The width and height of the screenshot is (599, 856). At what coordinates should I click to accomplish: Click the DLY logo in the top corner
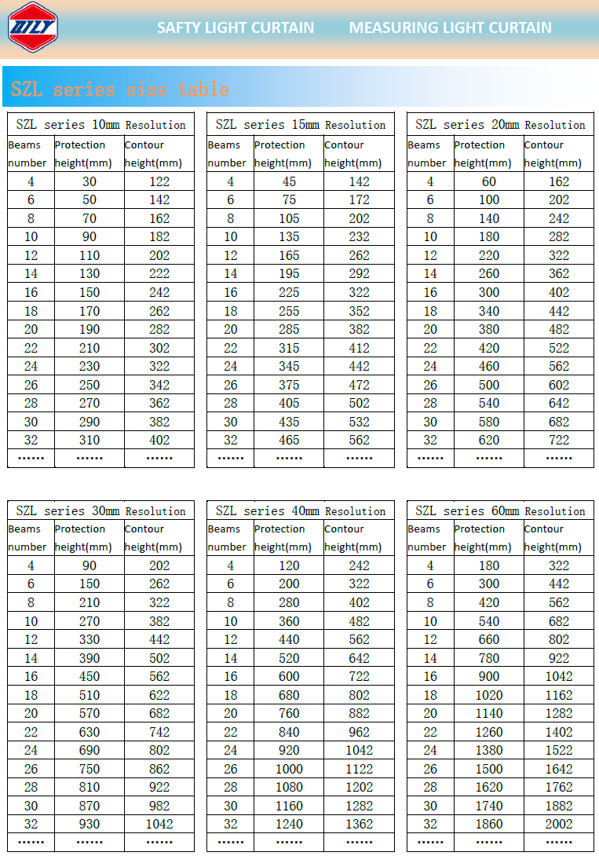(32, 26)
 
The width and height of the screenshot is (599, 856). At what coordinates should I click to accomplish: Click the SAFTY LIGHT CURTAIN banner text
(236, 27)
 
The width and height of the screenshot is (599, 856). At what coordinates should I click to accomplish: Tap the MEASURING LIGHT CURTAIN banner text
(450, 27)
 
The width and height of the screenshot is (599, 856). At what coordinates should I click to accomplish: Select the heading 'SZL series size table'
(120, 89)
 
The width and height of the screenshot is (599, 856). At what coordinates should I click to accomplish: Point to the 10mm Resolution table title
(100, 125)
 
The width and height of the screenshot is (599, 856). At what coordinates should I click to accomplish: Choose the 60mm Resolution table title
(500, 510)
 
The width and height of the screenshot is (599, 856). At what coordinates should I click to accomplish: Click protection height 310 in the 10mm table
(89, 440)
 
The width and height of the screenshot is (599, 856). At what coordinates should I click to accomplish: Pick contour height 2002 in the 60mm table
(559, 824)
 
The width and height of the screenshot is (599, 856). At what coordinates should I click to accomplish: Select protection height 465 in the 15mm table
(289, 440)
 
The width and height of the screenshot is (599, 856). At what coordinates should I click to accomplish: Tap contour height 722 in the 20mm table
(559, 440)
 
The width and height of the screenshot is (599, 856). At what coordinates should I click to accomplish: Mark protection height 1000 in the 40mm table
(289, 769)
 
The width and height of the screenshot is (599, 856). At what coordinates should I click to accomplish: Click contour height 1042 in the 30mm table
(159, 824)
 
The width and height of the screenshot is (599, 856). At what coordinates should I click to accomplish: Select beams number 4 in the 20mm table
(430, 181)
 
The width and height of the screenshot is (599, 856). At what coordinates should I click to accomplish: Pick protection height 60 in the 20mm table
(489, 181)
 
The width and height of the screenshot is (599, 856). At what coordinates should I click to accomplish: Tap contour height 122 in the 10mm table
(159, 181)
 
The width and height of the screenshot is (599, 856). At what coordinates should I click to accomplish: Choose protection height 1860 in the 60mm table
(489, 824)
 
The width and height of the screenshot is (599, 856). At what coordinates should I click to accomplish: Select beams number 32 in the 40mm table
(231, 824)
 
